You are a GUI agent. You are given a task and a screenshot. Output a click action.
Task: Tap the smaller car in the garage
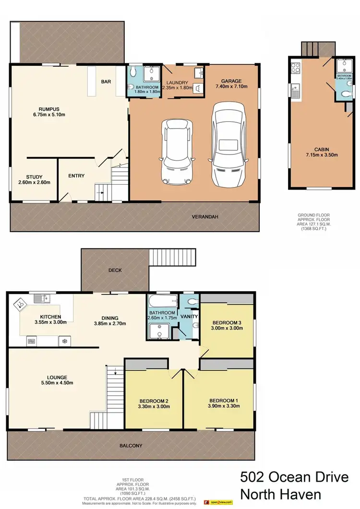pos(178,151)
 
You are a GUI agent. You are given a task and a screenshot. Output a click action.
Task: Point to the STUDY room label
pos(34,176)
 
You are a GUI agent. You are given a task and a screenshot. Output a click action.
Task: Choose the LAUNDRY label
pos(177,83)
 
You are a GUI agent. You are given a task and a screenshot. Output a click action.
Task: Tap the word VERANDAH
pos(205,217)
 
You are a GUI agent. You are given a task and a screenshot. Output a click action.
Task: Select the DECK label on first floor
pos(115,270)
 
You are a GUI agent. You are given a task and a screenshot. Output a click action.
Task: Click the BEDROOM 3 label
pos(226,322)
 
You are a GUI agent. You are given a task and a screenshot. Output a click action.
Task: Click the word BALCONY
pos(131,446)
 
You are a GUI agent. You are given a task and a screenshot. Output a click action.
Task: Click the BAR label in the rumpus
pos(106,82)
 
